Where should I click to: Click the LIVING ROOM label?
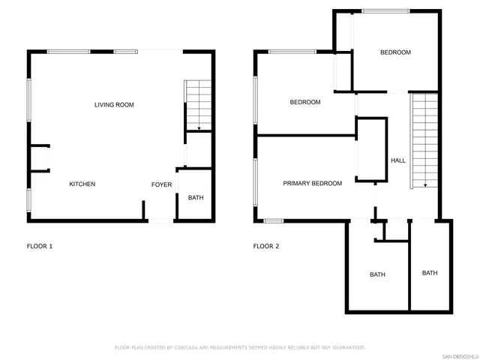pos(114,105)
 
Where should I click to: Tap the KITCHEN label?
pos(82,184)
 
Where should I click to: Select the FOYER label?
pos(162,184)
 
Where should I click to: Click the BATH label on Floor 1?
pos(196,198)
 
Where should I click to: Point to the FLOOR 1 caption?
pos(40,246)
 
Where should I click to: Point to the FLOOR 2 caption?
pos(266,246)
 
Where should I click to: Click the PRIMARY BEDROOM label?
pos(312,184)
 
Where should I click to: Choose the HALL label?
pos(398,160)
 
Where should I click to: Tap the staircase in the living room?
pos(199,106)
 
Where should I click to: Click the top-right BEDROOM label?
pos(395,52)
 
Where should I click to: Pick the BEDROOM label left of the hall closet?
pos(305,103)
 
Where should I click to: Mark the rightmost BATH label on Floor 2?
pos(430,273)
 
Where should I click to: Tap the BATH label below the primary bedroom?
pos(377,274)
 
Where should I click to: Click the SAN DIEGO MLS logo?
pos(459,355)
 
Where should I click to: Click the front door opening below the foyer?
pos(160,220)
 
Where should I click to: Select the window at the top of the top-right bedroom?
pos(385,11)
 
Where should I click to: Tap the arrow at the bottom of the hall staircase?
pos(425,184)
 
